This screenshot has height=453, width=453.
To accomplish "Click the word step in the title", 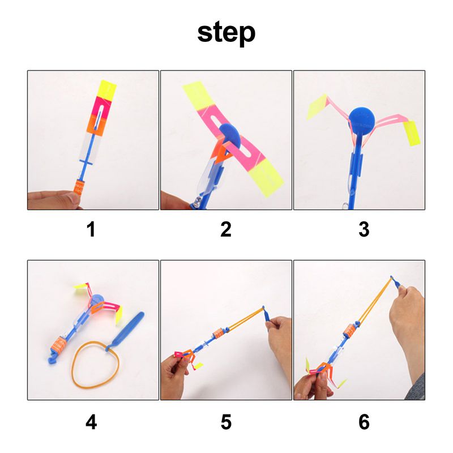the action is (x=226, y=33).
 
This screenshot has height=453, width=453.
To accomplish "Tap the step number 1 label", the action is (x=91, y=229).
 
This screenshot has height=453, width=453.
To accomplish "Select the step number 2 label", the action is (x=226, y=229).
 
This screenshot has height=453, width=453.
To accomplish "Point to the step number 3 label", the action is (x=364, y=229).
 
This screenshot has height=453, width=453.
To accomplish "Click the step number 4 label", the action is (x=91, y=422).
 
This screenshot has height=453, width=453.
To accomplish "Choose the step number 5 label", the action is (x=226, y=422).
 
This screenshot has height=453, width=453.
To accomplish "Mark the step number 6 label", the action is (x=364, y=422).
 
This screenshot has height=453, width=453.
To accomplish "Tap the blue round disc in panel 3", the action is (x=361, y=122).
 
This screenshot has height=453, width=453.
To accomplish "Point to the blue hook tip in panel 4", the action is (x=53, y=360).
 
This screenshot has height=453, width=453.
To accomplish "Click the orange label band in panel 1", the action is (x=80, y=186).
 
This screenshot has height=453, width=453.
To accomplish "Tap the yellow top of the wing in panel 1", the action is (x=108, y=89).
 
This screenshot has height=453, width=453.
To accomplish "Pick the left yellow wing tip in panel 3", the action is (x=317, y=107).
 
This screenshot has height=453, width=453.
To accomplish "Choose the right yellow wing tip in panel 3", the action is (x=412, y=133).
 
